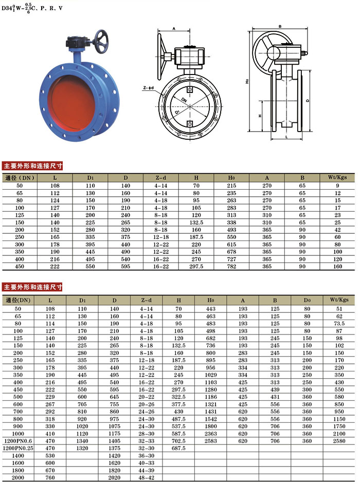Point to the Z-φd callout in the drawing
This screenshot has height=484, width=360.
(x=148, y=88)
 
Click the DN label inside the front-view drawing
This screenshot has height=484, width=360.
(x=184, y=100)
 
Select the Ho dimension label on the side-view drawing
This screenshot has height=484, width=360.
(x=247, y=81)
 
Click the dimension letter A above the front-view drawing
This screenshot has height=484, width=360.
(x=174, y=29)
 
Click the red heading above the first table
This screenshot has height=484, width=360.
(x=32, y=166)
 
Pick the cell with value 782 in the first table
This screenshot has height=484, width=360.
(x=231, y=266)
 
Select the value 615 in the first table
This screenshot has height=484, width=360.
(x=231, y=245)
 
